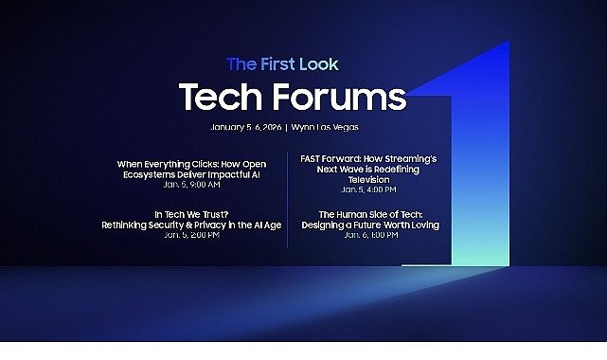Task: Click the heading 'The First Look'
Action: tap(282, 64)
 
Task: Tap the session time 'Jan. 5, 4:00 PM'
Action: tap(369, 189)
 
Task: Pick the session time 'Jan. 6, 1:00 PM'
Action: tap(370, 235)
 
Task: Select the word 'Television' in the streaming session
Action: tap(369, 179)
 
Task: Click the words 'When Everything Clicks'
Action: tap(160, 163)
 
